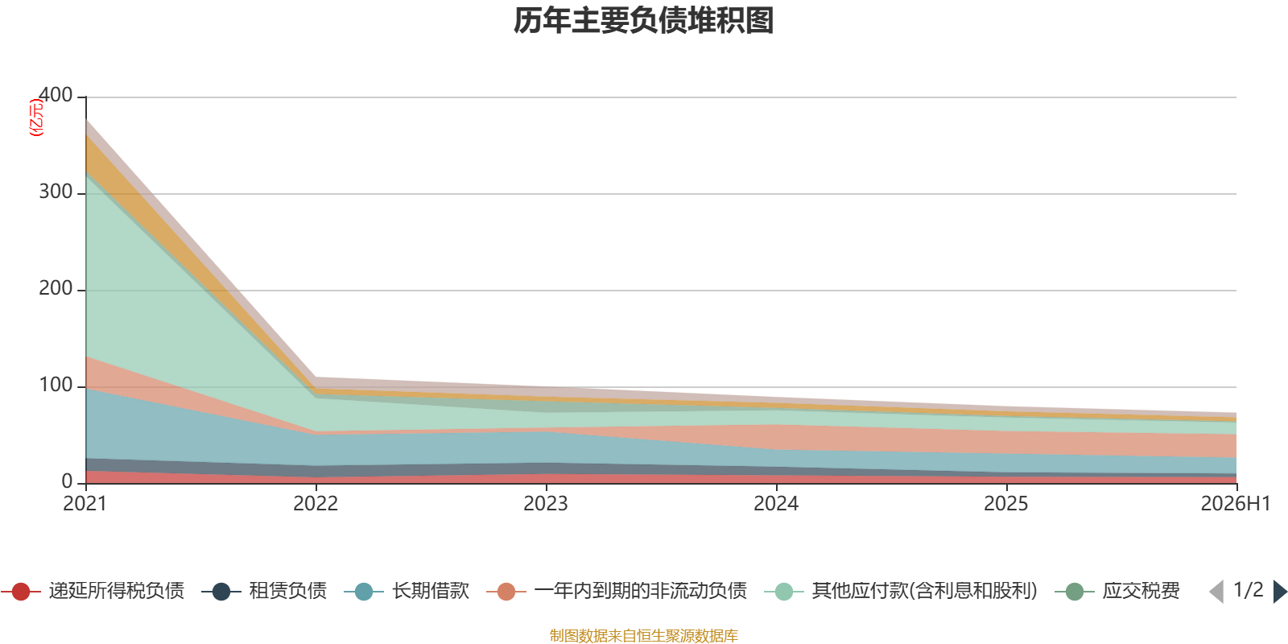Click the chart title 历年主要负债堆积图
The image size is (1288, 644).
tap(643, 21)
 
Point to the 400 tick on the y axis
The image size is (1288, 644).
tap(56, 95)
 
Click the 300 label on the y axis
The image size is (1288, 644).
tap(56, 192)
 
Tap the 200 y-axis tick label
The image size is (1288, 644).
tap(56, 288)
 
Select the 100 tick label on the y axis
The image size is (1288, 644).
tap(56, 385)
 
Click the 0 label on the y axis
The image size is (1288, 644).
tap(67, 481)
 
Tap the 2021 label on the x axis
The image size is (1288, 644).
tap(85, 504)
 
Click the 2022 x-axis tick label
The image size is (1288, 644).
tap(316, 504)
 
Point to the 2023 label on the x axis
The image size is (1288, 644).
tap(546, 504)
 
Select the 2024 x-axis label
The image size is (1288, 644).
tap(776, 504)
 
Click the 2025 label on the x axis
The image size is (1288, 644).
tap(1006, 504)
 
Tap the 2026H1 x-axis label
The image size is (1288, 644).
tap(1236, 504)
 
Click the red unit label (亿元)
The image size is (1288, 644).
tap(36, 118)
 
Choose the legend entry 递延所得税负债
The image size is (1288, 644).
tap(93, 591)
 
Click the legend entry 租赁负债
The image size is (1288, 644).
tap(265, 591)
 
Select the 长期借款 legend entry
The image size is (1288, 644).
tap(407, 591)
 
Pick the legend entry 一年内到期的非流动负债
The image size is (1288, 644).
tap(617, 591)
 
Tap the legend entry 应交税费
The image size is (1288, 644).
tap(1117, 591)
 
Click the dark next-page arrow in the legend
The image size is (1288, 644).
tap(1280, 592)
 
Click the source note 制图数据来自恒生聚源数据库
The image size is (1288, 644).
tap(643, 635)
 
